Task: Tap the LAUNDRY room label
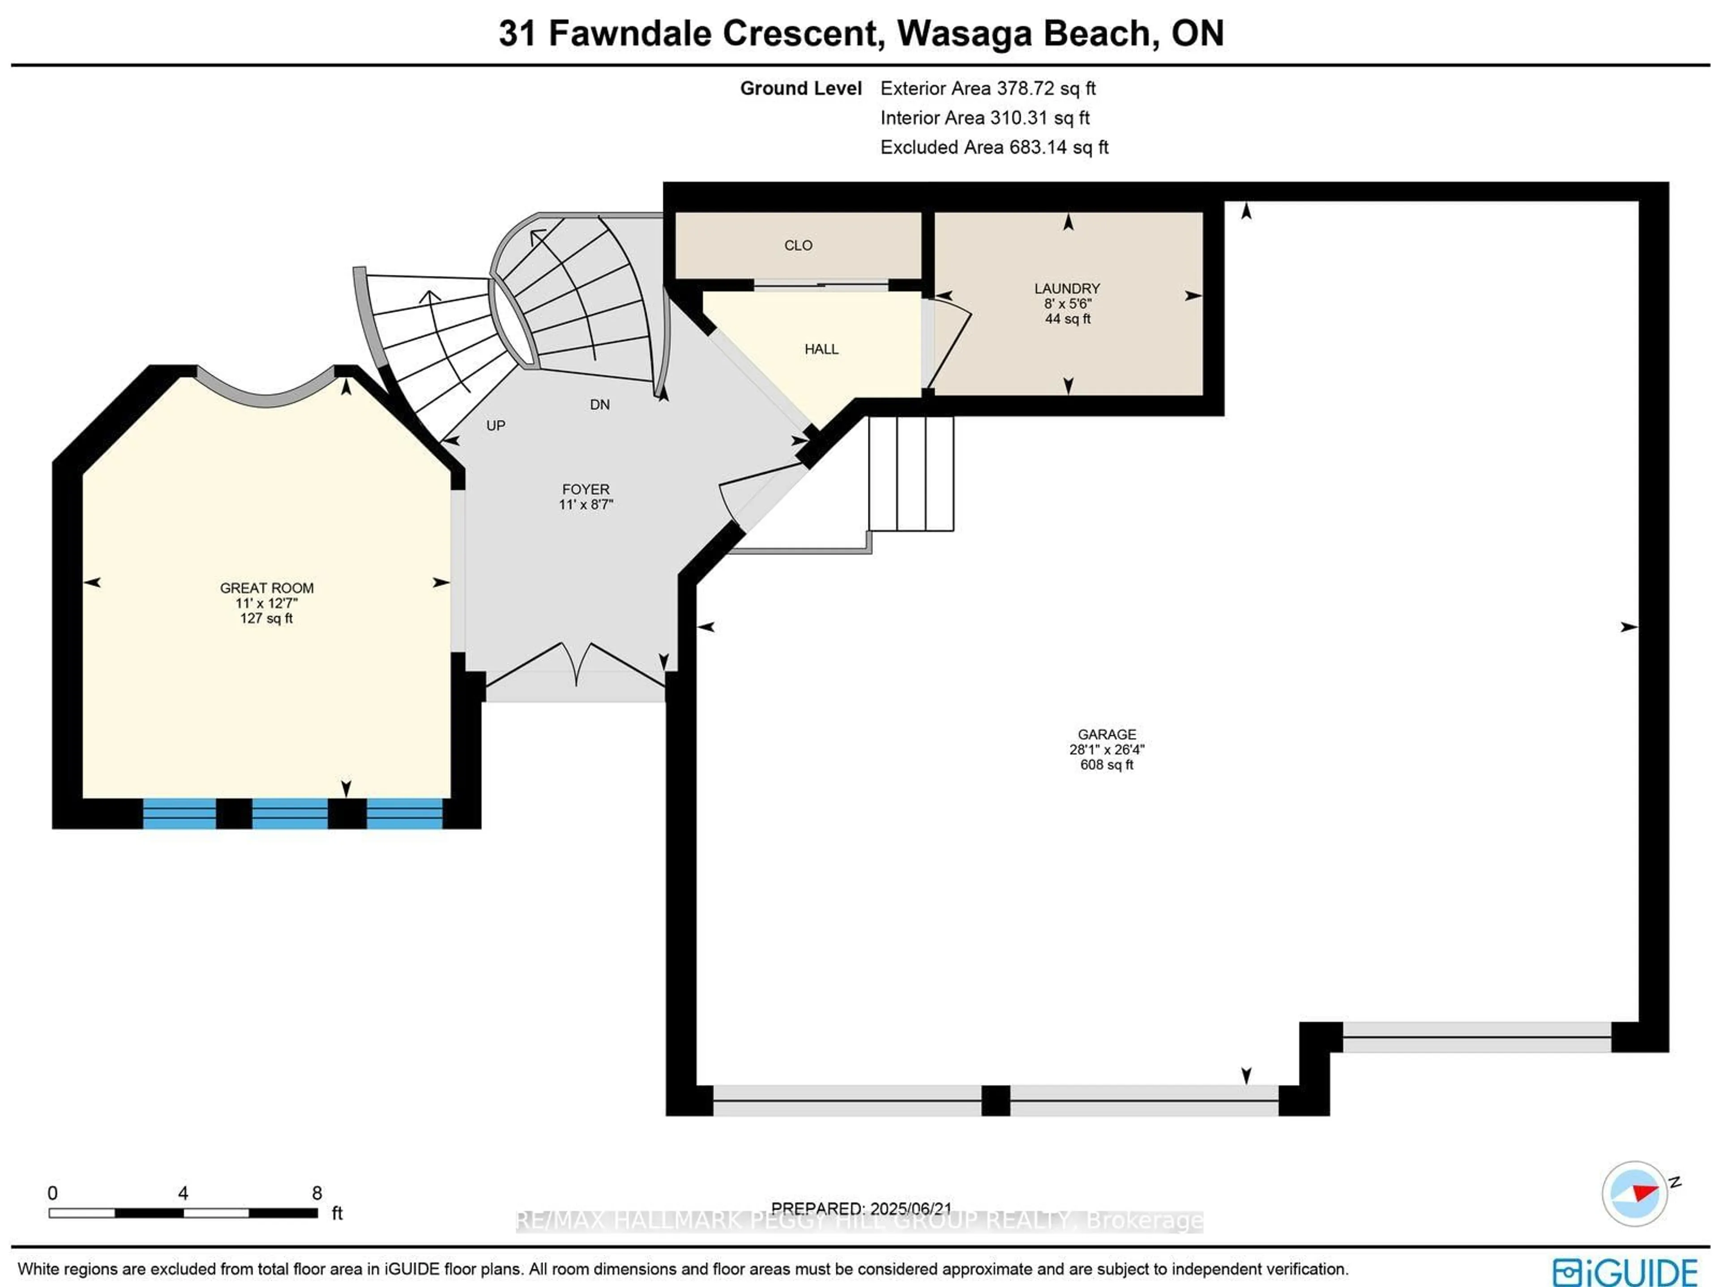(x=1067, y=288)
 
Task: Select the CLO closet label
(x=798, y=246)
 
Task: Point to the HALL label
(x=821, y=350)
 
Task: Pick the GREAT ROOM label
(x=266, y=588)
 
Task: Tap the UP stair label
(x=496, y=426)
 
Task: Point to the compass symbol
(x=1634, y=1193)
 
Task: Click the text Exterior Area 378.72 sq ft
(x=988, y=89)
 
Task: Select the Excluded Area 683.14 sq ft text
(x=994, y=148)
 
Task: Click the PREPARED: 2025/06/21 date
(x=861, y=1209)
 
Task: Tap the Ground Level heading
(x=800, y=89)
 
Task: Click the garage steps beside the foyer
(x=911, y=474)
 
